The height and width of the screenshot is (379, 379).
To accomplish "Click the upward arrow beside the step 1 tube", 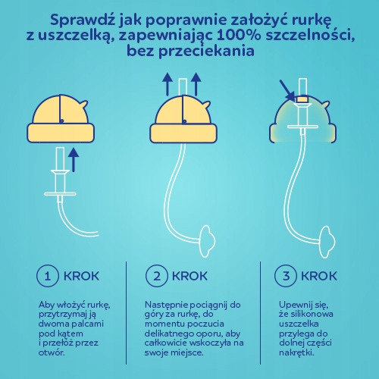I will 74,161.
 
